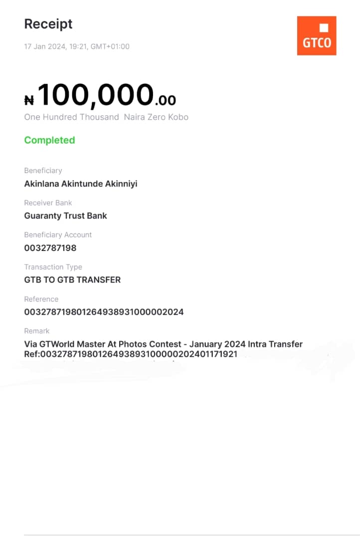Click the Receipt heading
pyautogui.click(x=48, y=24)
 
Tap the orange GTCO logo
pyautogui.click(x=317, y=35)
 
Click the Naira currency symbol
pyautogui.click(x=29, y=100)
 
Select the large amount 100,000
pyautogui.click(x=95, y=95)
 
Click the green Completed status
pyautogui.click(x=49, y=140)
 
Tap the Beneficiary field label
pyautogui.click(x=43, y=171)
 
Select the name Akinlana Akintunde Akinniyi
pyautogui.click(x=81, y=184)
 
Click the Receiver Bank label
pyautogui.click(x=48, y=203)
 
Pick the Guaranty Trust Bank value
pyautogui.click(x=65, y=216)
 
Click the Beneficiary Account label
pyautogui.click(x=58, y=235)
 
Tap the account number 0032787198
pyautogui.click(x=50, y=248)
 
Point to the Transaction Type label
pyautogui.click(x=53, y=267)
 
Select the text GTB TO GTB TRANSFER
pyautogui.click(x=72, y=279)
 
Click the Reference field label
pyautogui.click(x=41, y=299)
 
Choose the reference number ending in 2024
pyautogui.click(x=104, y=312)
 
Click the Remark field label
pyautogui.click(x=37, y=331)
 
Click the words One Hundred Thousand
pyautogui.click(x=71, y=117)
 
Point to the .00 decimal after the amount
pyautogui.click(x=166, y=100)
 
